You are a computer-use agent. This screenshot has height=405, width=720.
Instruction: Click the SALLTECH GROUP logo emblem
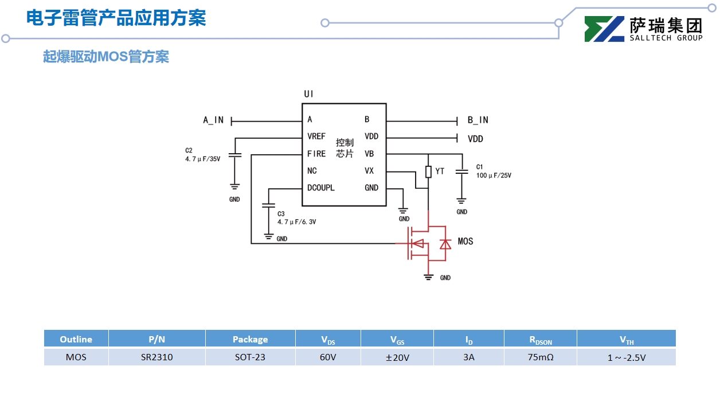[x=604, y=29]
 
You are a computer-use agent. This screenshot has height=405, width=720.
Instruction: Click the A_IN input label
[x=213, y=120]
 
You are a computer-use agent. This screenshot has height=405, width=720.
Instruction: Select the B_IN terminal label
[x=478, y=120]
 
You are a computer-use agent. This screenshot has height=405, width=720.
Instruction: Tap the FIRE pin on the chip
[x=316, y=154]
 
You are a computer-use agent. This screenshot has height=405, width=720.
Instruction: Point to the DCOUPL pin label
[x=320, y=188]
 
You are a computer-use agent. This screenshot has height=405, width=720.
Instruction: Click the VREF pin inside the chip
[x=316, y=137]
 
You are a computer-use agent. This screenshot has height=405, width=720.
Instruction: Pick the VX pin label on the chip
[x=369, y=171]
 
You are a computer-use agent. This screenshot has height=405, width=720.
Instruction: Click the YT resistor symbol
[x=428, y=172]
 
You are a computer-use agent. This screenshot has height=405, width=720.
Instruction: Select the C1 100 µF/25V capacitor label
[x=493, y=171]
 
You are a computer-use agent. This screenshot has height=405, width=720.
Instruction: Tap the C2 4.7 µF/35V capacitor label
[x=202, y=155]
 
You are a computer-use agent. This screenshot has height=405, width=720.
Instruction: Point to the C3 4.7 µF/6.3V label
[x=296, y=217]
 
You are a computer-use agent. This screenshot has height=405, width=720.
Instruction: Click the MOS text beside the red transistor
[x=465, y=242]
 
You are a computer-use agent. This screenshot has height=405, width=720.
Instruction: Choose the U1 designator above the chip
[x=308, y=94]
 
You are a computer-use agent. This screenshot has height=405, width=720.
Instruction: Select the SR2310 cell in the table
[x=156, y=357]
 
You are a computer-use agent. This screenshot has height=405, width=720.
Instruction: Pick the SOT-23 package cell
[x=250, y=357]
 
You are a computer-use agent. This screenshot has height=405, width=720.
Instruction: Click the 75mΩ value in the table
[x=540, y=357]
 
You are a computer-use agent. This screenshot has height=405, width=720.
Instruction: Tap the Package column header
[x=250, y=339]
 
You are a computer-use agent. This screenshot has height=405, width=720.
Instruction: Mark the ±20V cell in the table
[x=397, y=357]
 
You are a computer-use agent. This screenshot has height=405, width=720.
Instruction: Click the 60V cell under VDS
[x=328, y=357]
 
